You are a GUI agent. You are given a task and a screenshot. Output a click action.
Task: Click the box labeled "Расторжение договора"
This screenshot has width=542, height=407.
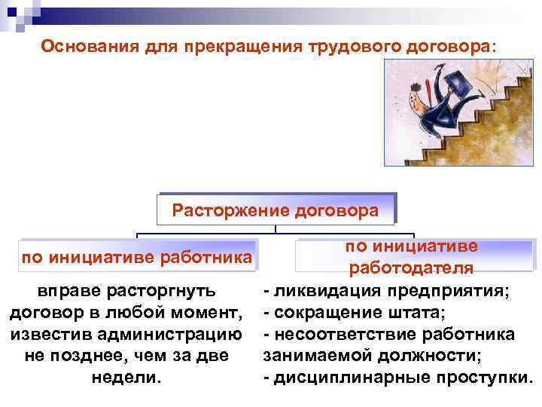tap(276, 210)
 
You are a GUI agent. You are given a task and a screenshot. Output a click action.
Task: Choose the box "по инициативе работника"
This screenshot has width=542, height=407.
tap(136, 258)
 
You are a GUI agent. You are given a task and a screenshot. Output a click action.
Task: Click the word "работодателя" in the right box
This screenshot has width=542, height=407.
tap(410, 268)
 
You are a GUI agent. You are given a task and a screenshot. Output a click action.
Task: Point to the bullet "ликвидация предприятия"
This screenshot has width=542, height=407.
tap(391, 291)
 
